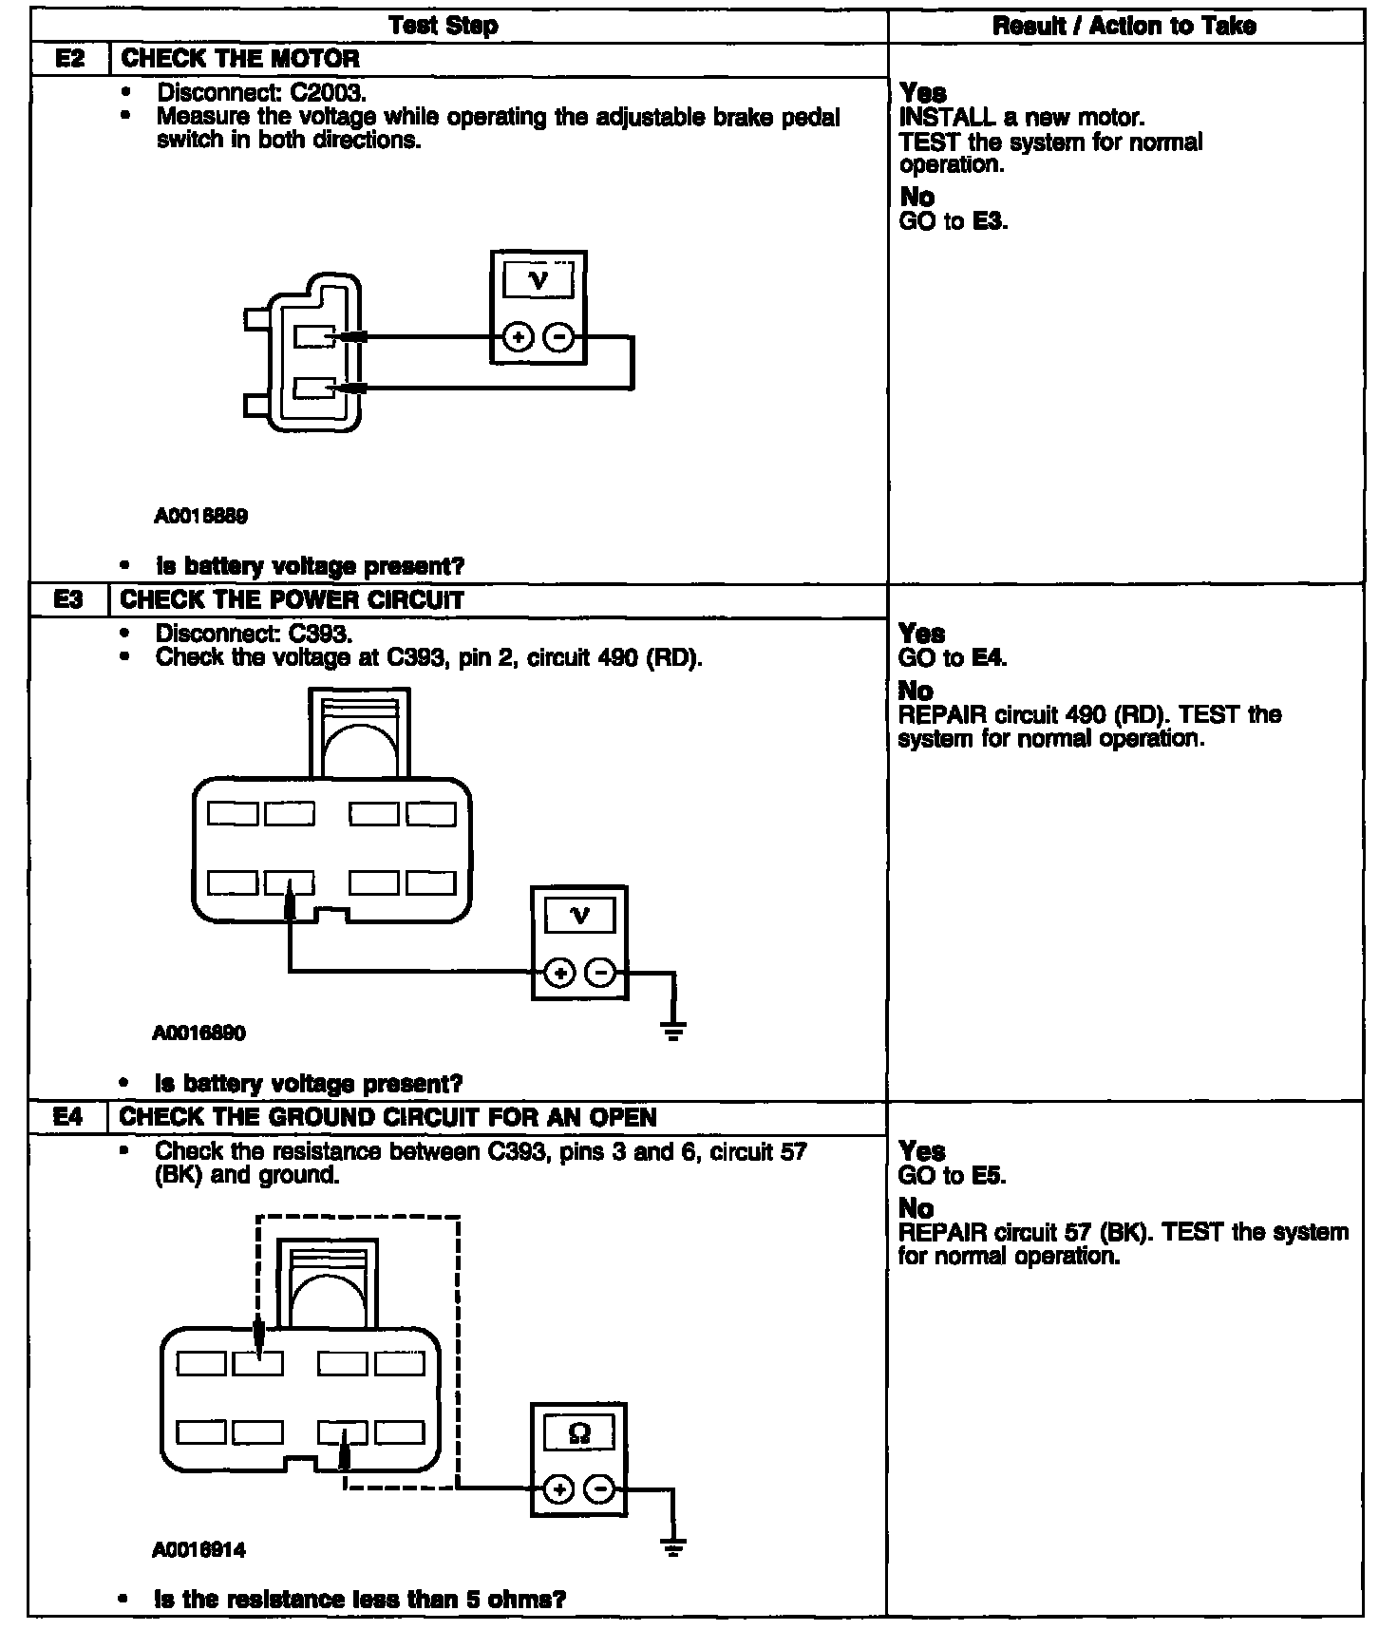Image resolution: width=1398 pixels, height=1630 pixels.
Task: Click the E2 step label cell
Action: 70,59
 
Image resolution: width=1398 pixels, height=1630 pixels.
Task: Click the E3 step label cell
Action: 69,600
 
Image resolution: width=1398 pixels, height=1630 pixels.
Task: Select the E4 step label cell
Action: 68,1117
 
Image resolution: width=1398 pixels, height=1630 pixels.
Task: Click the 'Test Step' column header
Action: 444,26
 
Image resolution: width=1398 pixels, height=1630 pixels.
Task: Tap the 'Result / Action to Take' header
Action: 1124,26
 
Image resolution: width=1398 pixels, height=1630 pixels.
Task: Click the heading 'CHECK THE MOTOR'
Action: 240,59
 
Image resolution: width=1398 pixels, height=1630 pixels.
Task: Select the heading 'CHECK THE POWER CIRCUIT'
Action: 293,600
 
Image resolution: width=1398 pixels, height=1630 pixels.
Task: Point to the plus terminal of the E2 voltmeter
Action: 518,337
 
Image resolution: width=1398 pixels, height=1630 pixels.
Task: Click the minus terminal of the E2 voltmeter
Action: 559,337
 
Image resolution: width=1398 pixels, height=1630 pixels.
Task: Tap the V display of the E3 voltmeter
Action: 579,916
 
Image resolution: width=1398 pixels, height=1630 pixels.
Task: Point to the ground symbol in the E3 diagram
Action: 673,1031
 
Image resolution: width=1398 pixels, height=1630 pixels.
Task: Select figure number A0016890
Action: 198,1033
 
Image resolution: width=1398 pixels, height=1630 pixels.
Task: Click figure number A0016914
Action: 198,1550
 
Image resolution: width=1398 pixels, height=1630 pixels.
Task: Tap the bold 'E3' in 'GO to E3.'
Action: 990,222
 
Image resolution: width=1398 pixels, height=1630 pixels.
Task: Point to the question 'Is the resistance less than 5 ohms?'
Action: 360,1599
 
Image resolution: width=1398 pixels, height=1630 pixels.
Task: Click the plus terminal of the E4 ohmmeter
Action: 559,1490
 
